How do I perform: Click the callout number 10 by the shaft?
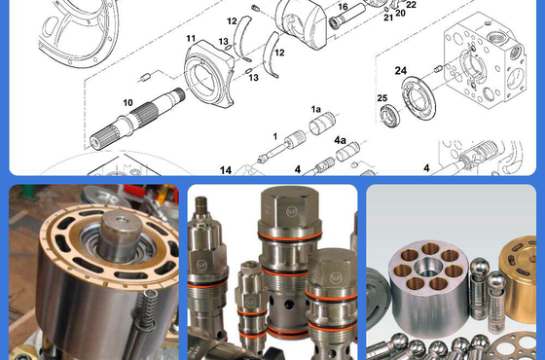(x=127, y=103)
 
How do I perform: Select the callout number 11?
(x=191, y=38)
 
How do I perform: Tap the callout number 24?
(x=401, y=70)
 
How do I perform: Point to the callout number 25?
(x=382, y=98)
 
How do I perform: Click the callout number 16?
(x=343, y=7)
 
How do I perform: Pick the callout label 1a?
(x=316, y=109)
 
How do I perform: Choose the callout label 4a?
(x=341, y=140)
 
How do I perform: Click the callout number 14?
(x=226, y=170)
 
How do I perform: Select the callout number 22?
(x=411, y=5)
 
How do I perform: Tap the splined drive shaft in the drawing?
(x=137, y=119)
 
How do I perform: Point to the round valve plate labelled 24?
(x=418, y=97)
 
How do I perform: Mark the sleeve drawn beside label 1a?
(x=322, y=124)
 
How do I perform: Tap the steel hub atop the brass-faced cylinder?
(x=120, y=236)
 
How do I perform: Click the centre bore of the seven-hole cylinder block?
(x=429, y=267)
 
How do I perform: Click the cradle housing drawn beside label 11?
(x=209, y=74)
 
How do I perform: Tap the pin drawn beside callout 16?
(x=346, y=17)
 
